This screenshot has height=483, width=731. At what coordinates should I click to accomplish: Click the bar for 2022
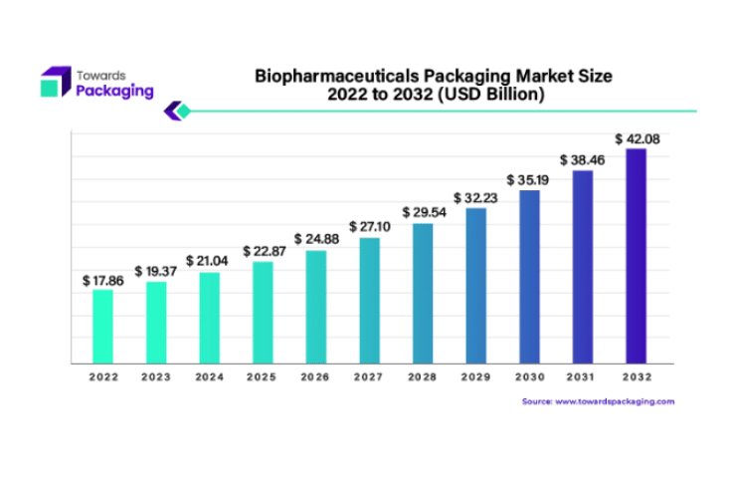tap(103, 327)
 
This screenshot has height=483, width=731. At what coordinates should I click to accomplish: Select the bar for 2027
tap(369, 301)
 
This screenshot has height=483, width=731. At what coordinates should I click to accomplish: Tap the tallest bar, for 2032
tap(636, 256)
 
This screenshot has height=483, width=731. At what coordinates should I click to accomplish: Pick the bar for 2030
tap(529, 277)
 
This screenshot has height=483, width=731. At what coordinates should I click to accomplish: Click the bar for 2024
tap(209, 318)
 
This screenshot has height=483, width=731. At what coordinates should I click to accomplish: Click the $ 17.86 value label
tap(103, 280)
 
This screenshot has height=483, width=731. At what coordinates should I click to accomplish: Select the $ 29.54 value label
tap(423, 212)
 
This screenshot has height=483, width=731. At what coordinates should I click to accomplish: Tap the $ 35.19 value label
tap(529, 179)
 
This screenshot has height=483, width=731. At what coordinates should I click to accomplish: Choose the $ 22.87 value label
tap(263, 251)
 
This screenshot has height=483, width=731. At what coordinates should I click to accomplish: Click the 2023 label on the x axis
tap(156, 377)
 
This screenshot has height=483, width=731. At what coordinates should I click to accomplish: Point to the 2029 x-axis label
tap(475, 377)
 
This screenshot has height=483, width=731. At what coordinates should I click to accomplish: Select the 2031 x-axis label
tap(582, 377)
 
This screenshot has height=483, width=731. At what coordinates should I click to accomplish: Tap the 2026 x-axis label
tap(316, 377)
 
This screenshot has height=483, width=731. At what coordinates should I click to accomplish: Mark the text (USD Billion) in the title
tap(493, 95)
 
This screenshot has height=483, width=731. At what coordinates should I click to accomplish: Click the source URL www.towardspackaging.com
tap(615, 401)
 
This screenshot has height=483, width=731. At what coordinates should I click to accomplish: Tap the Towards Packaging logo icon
tap(55, 82)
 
